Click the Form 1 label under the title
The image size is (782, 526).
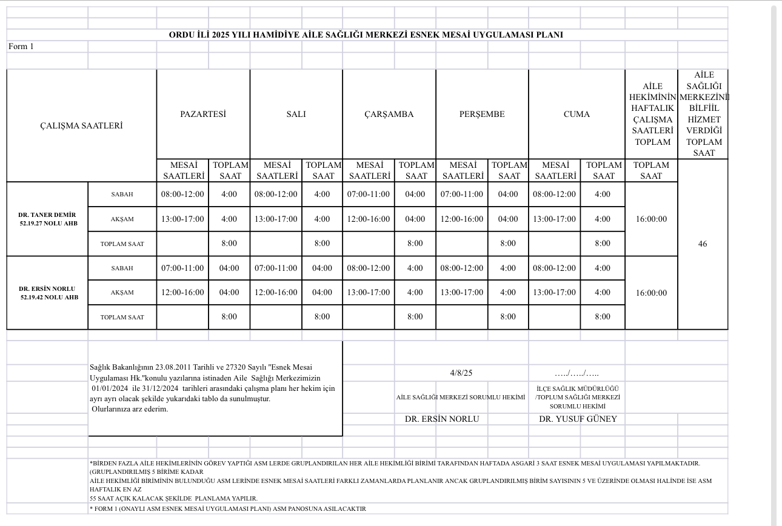coord(21,47)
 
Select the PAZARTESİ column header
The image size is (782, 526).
coord(203,114)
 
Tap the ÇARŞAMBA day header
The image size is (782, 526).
coord(389,114)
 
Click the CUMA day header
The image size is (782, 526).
coord(576,114)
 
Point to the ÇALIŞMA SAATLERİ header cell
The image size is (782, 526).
coord(81,125)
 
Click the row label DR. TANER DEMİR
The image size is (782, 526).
coord(47,215)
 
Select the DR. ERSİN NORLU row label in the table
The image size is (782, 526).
coord(47,289)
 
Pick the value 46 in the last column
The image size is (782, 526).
coord(703,244)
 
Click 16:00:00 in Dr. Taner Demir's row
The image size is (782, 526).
coord(651,219)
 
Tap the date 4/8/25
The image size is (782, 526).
coord(461,373)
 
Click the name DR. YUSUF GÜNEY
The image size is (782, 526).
coord(578,419)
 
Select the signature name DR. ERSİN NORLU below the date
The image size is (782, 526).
coord(442,419)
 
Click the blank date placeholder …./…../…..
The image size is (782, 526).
coord(577,373)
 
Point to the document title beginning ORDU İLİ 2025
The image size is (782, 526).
coord(366,35)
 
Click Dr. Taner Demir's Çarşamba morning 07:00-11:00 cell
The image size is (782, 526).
coord(369,195)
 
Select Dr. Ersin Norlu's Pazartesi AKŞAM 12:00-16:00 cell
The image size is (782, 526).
coord(182,292)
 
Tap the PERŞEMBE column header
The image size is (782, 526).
coord(482,114)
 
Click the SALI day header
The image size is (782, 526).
coord(296,114)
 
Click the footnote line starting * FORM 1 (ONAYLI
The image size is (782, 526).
coord(228,509)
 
